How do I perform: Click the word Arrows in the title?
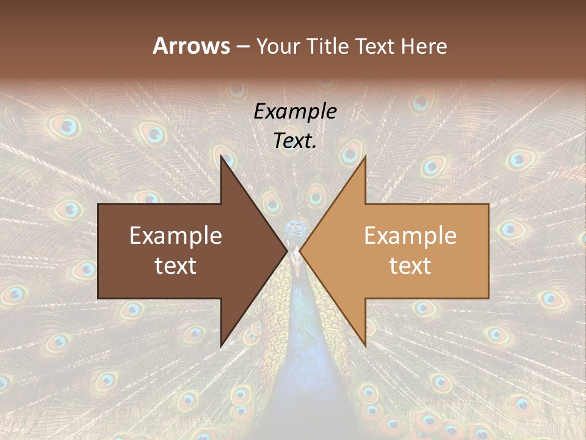coord(191,46)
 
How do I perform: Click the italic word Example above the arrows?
coord(295,111)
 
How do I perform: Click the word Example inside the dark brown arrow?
coord(176,236)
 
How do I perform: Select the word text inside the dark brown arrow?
coord(176,266)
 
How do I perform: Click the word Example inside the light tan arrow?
coord(410,236)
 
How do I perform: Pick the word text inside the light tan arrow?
coord(410,266)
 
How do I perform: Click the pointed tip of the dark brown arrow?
coord(287,251)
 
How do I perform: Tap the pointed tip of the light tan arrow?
coord(300,251)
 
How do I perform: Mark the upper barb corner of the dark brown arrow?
coord(222,157)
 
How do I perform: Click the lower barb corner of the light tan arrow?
coord(365,346)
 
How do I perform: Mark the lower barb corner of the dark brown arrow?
coord(222,346)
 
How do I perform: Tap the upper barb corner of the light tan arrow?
coord(365,157)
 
